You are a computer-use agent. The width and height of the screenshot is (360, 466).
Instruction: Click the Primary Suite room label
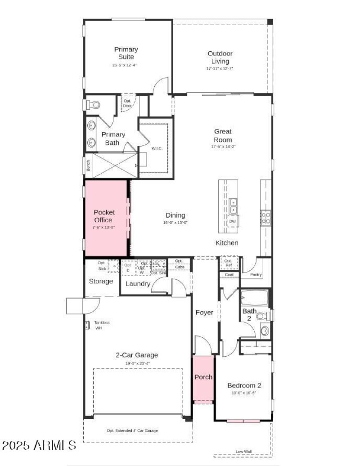(x=126, y=53)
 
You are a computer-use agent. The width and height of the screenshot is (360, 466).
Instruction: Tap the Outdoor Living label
(x=220, y=57)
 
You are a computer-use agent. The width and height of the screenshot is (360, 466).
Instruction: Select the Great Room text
(x=223, y=135)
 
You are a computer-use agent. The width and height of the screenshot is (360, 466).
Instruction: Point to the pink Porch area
(x=203, y=378)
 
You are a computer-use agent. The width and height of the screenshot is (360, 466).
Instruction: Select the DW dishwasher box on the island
(x=233, y=221)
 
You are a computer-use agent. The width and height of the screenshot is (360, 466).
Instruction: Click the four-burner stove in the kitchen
(x=266, y=218)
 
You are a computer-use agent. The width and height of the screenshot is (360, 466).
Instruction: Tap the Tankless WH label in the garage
(x=102, y=325)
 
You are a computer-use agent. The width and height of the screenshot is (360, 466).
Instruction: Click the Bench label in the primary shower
(x=88, y=166)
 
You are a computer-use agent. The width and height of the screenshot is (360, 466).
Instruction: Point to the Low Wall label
(x=243, y=452)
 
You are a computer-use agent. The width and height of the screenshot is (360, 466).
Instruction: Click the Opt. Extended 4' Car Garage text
(x=132, y=430)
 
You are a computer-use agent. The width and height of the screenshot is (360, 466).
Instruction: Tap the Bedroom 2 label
(x=244, y=385)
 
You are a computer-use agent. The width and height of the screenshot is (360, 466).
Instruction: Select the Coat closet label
(x=229, y=275)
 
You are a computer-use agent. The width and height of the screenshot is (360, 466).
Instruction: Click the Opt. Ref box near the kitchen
(x=228, y=263)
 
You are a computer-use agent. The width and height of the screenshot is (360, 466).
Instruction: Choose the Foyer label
(x=204, y=313)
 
